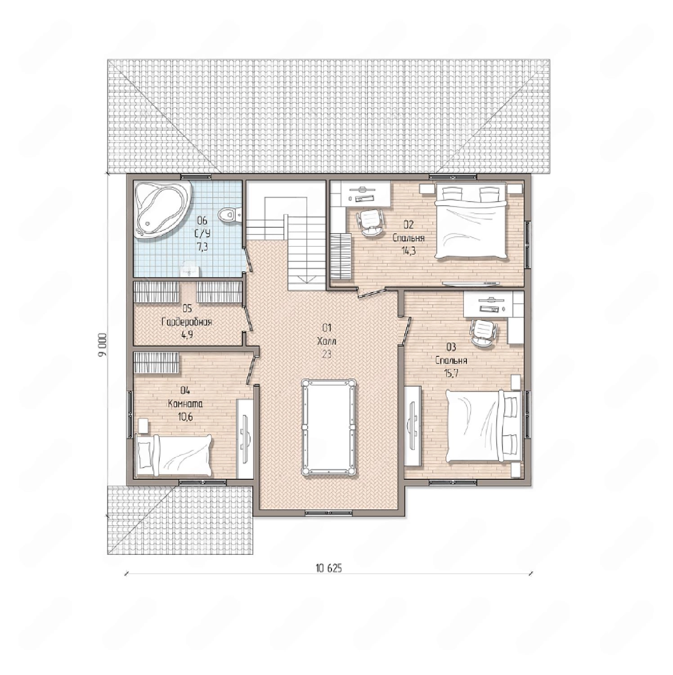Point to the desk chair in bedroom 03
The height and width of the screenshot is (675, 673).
pos(483,332)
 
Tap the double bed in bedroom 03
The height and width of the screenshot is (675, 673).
pos(484,426)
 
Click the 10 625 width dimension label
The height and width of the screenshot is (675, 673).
pos(328,568)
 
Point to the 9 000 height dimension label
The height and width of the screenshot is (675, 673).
pos(103,345)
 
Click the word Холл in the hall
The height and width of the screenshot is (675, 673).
pos(327,342)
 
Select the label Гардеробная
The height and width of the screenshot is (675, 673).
pos(186,322)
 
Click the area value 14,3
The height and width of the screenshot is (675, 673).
pos(408,251)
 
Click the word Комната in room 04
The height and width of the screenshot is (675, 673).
pos(185,404)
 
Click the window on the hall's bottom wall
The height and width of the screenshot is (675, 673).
pos(328,512)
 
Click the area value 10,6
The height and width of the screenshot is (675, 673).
pos(185,417)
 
